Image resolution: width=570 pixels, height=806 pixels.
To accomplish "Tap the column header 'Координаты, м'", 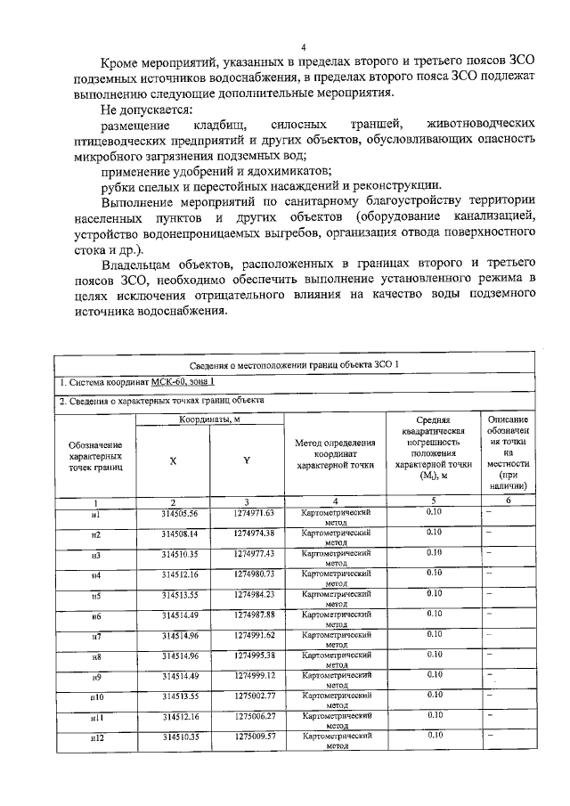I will pyautogui.click(x=209, y=419).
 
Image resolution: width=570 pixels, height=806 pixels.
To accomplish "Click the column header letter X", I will pyautogui.click(x=173, y=460).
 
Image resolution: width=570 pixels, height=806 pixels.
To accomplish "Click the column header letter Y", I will pyautogui.click(x=247, y=460).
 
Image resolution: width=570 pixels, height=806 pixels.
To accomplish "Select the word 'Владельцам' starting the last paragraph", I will pyautogui.click(x=142, y=265).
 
